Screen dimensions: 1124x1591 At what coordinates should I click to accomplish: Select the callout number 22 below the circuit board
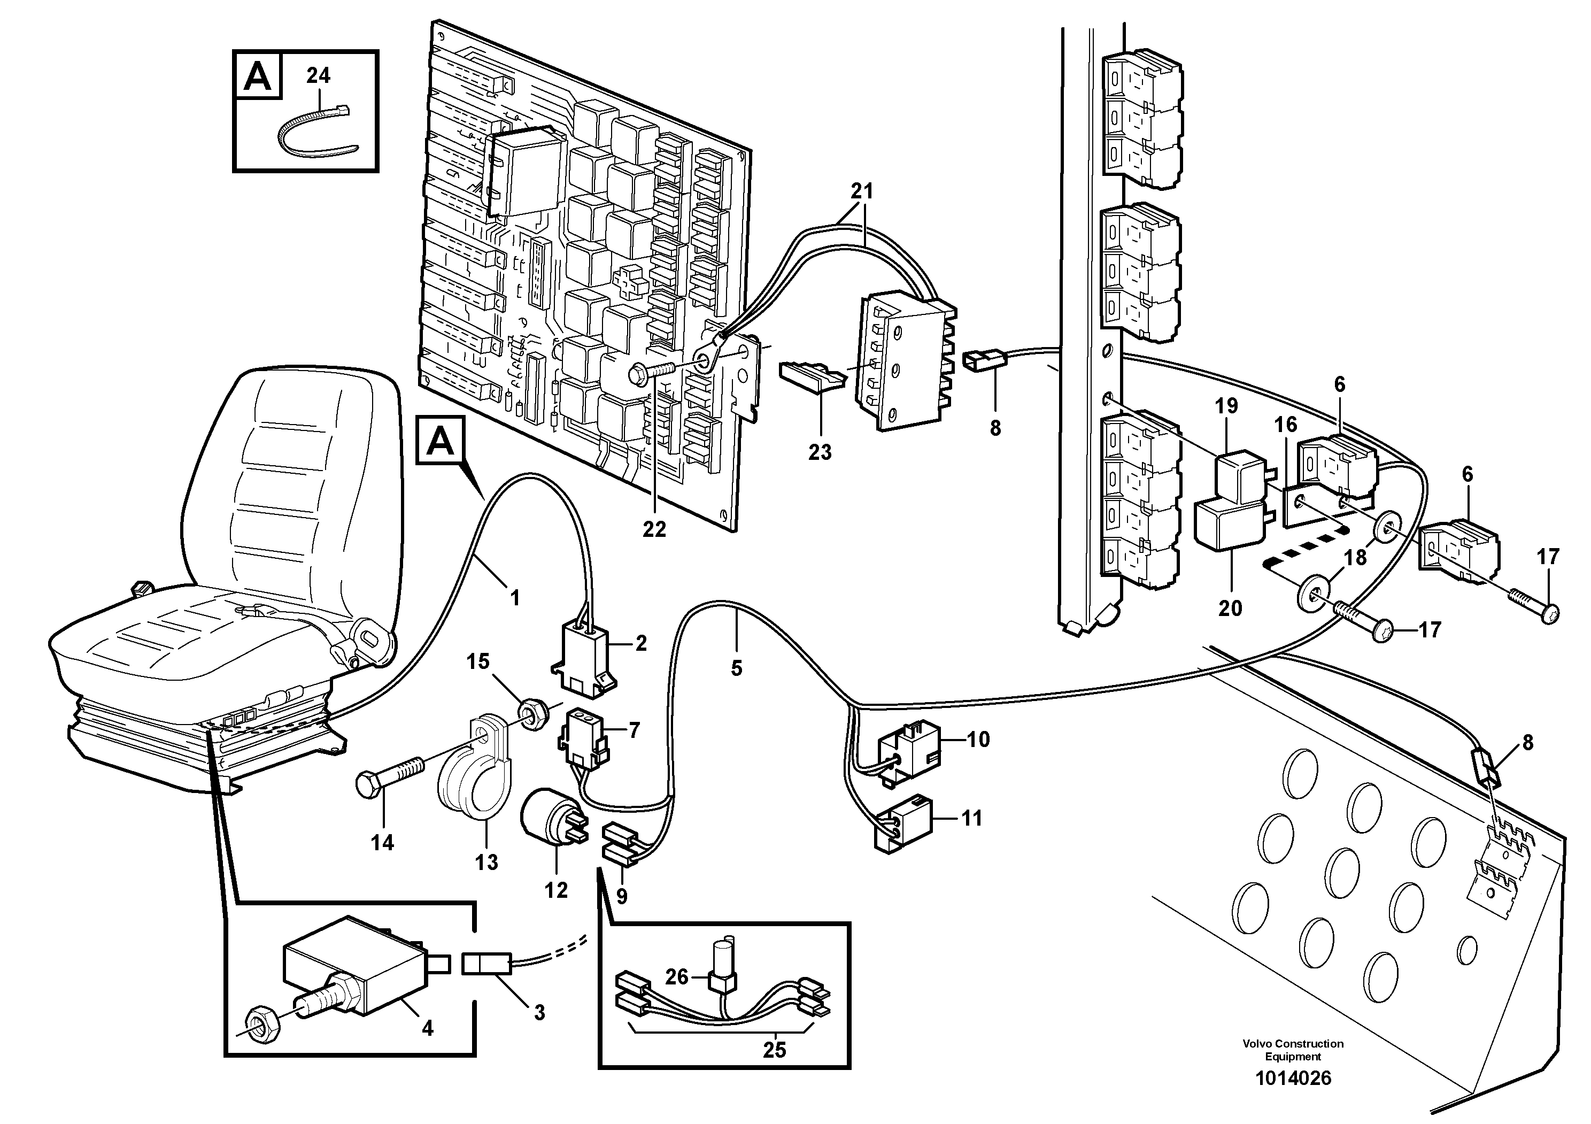[x=653, y=529]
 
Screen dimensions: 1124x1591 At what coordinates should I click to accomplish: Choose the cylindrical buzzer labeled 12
[x=551, y=818]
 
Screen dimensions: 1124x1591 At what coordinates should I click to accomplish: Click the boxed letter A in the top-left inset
[x=258, y=76]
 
